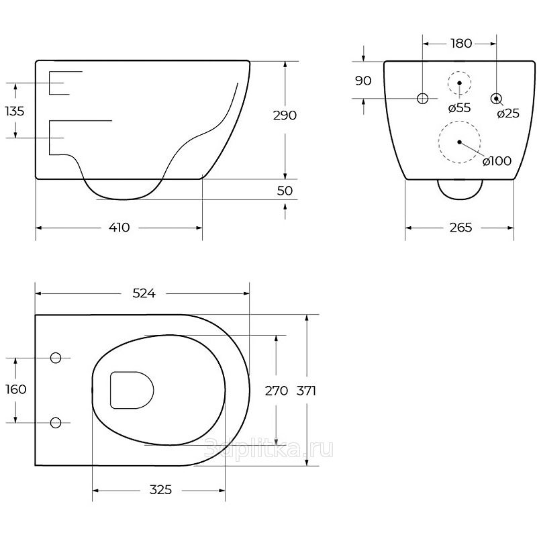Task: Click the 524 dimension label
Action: coord(144,293)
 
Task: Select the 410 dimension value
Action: coord(119,228)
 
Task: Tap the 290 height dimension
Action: coord(285,115)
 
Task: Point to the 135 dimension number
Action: coord(15,111)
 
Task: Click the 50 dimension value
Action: coord(285,191)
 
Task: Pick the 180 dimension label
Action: coord(461,44)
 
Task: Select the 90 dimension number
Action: coord(363,81)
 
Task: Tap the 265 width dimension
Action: coord(460,228)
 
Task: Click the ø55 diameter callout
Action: coord(459,108)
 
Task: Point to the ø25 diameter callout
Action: coord(508,113)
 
